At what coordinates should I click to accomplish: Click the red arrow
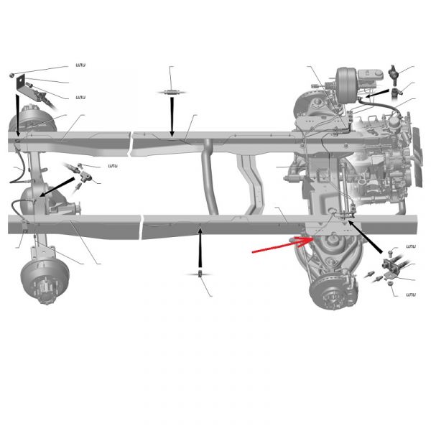pos(282,245)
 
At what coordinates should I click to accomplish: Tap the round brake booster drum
pos(347,85)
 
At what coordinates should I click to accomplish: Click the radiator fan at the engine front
pos(417,157)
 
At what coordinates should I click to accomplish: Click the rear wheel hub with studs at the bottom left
pos(45,280)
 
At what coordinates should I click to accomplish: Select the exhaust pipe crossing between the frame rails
pos(210,176)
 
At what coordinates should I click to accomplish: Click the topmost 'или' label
pos(80,65)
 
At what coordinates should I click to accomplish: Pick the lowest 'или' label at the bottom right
pos(411,295)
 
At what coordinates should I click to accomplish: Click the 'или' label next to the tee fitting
pos(113,166)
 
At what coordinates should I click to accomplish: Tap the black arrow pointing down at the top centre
pos(172,116)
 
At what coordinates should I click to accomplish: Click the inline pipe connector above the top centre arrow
pos(172,93)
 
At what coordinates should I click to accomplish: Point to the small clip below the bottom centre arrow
pos(200,274)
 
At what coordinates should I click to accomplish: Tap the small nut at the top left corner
pos(11,75)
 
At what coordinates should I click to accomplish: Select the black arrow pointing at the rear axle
pos(57,187)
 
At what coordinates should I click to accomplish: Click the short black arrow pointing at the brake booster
pos(377,93)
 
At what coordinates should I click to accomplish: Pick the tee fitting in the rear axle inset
pos(86,177)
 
